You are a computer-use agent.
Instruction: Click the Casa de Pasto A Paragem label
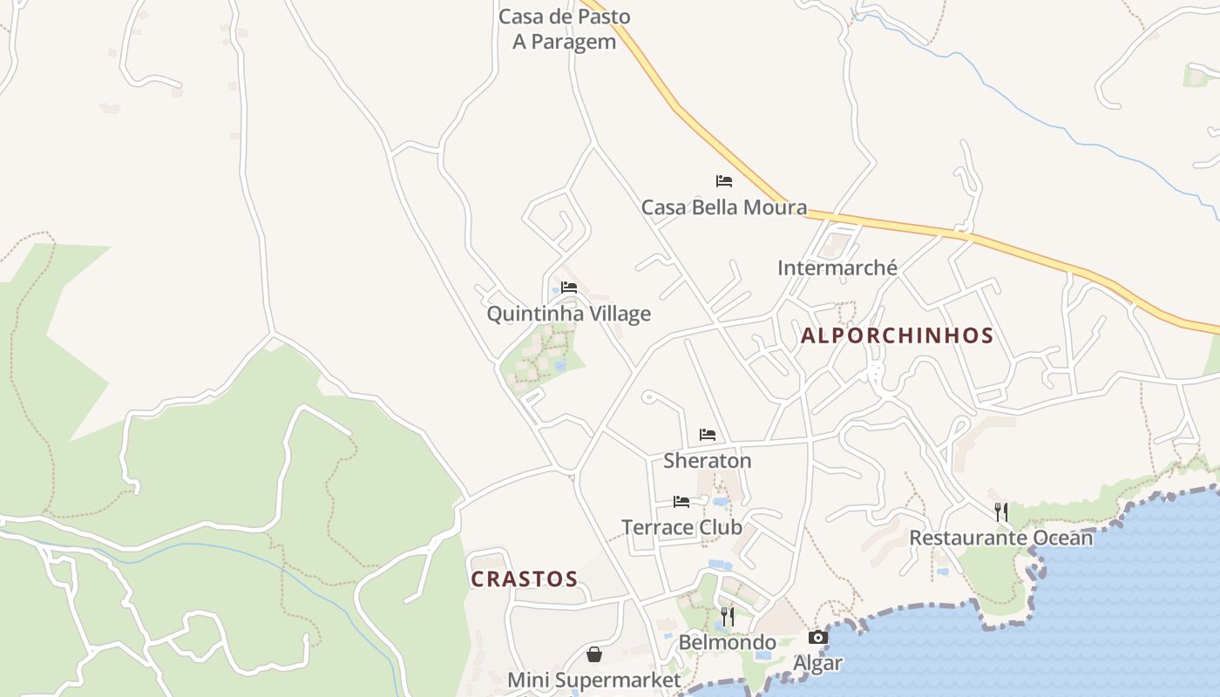click(564, 29)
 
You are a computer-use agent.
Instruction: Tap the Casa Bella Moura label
click(723, 207)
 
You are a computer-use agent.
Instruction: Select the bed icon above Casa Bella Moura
click(723, 181)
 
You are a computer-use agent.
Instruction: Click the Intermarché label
click(837, 267)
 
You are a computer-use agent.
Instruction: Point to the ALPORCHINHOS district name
click(897, 335)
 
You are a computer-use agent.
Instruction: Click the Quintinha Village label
click(568, 314)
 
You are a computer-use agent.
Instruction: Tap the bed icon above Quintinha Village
click(569, 287)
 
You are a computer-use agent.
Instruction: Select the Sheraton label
click(707, 460)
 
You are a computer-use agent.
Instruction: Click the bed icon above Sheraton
click(707, 434)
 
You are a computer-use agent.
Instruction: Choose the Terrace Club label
click(681, 527)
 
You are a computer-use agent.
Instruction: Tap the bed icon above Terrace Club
click(681, 501)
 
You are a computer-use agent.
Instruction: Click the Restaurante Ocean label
click(1000, 538)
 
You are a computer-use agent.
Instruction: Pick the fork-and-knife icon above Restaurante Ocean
click(1001, 511)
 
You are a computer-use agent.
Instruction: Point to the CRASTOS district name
click(524, 579)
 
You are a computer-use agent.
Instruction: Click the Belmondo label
click(727, 643)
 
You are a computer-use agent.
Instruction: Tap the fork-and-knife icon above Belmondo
click(727, 617)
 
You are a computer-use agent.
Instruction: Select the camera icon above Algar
click(817, 637)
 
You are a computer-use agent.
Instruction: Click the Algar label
click(817, 663)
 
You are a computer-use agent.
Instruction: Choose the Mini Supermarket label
click(593, 680)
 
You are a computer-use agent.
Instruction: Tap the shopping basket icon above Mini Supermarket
click(594, 653)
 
